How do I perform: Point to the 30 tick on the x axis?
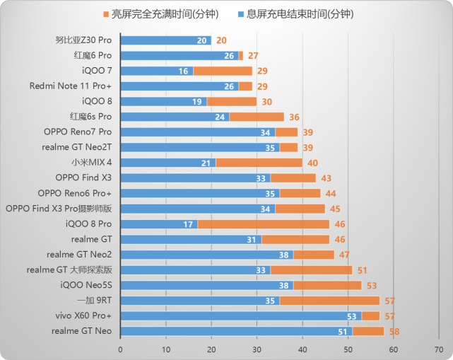pyautogui.click(x=257, y=349)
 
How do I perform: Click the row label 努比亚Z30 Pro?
pyautogui.click(x=83, y=40)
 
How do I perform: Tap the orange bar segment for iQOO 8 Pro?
pyautogui.click(x=262, y=224)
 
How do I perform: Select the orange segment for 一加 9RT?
pyautogui.click(x=329, y=301)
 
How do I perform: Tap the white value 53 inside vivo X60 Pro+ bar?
pyautogui.click(x=351, y=315)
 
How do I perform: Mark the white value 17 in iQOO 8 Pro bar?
pyautogui.click(x=188, y=224)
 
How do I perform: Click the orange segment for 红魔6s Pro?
pyautogui.click(x=257, y=117)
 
